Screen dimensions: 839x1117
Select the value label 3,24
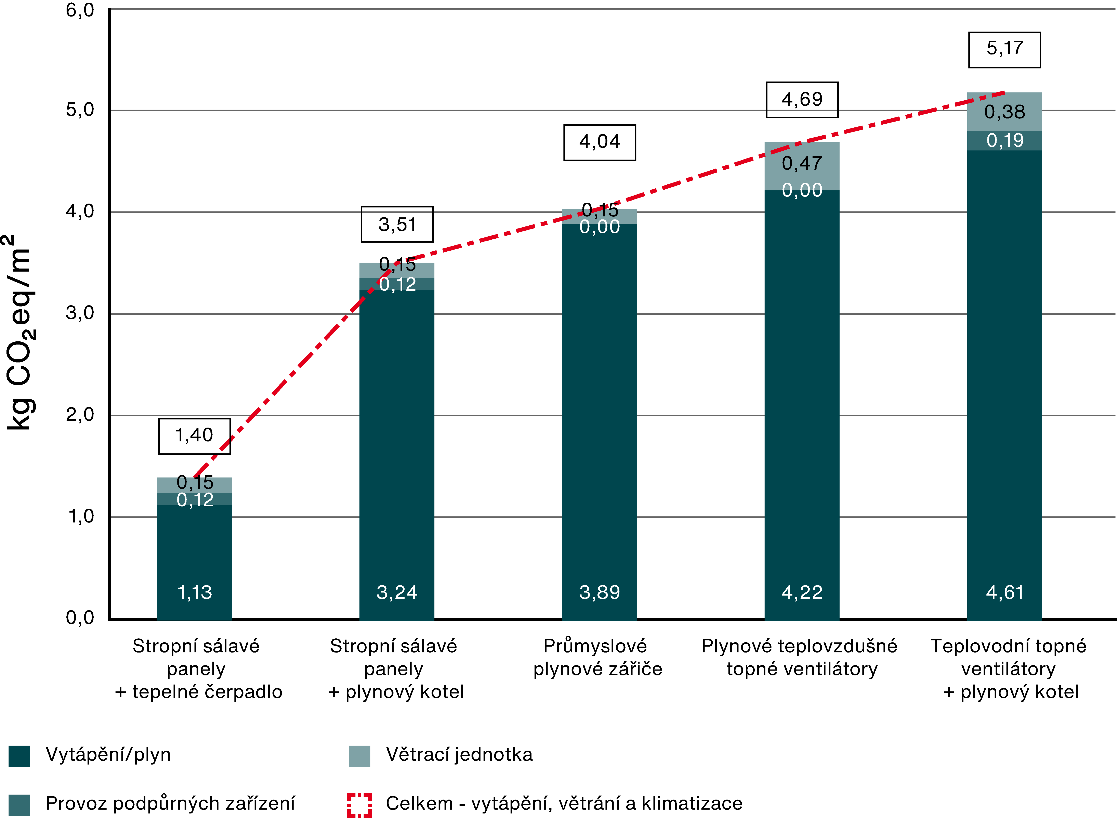coord(397,592)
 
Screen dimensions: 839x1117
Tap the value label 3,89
coord(599,592)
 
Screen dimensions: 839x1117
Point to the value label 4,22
coord(802,592)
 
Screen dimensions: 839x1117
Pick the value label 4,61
coord(1004,592)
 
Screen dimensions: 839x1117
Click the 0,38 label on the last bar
coord(1004,112)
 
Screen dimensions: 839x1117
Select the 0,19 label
coord(1004,140)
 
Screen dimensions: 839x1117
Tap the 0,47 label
coord(802,163)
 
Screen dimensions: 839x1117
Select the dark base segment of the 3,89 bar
coord(599,404)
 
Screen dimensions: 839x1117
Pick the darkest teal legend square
coord(19,756)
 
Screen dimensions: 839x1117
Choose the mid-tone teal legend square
coord(19,805)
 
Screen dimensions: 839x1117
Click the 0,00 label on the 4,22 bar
coord(802,191)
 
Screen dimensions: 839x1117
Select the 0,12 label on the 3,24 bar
coord(397,285)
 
